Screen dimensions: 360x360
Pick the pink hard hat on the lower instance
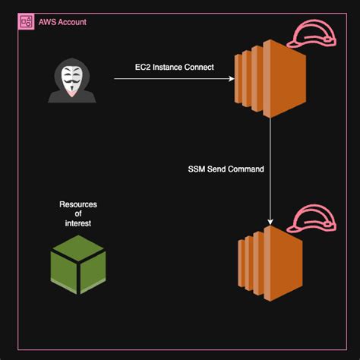(311, 216)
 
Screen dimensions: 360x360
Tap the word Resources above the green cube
(78, 205)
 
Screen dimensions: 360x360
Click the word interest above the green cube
(78, 223)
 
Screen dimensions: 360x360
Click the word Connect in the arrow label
(199, 68)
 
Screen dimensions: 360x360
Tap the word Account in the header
(74, 21)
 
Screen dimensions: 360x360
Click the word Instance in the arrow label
(163, 68)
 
